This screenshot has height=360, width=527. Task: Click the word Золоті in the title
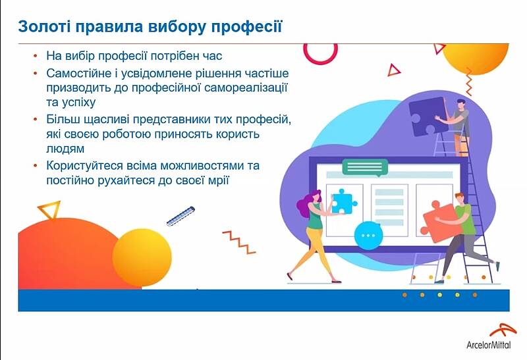(x=44, y=26)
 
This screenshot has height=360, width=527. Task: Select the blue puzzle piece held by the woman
(x=343, y=201)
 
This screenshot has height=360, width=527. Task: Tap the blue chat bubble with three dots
(x=368, y=236)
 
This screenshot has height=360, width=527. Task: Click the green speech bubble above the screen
(x=365, y=168)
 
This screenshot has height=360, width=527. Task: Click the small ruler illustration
(x=180, y=217)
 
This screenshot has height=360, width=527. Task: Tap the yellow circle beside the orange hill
(x=142, y=257)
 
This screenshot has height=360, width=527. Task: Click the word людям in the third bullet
(x=65, y=149)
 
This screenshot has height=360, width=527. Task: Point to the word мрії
(x=219, y=180)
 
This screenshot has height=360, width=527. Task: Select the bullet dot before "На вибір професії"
(x=36, y=56)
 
